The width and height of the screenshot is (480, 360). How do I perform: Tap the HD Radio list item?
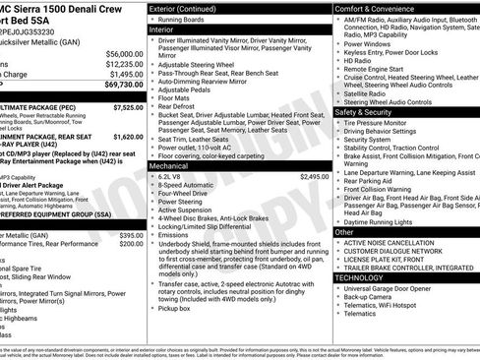pos(358,60)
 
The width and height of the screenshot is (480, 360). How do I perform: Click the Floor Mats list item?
pos(176,98)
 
